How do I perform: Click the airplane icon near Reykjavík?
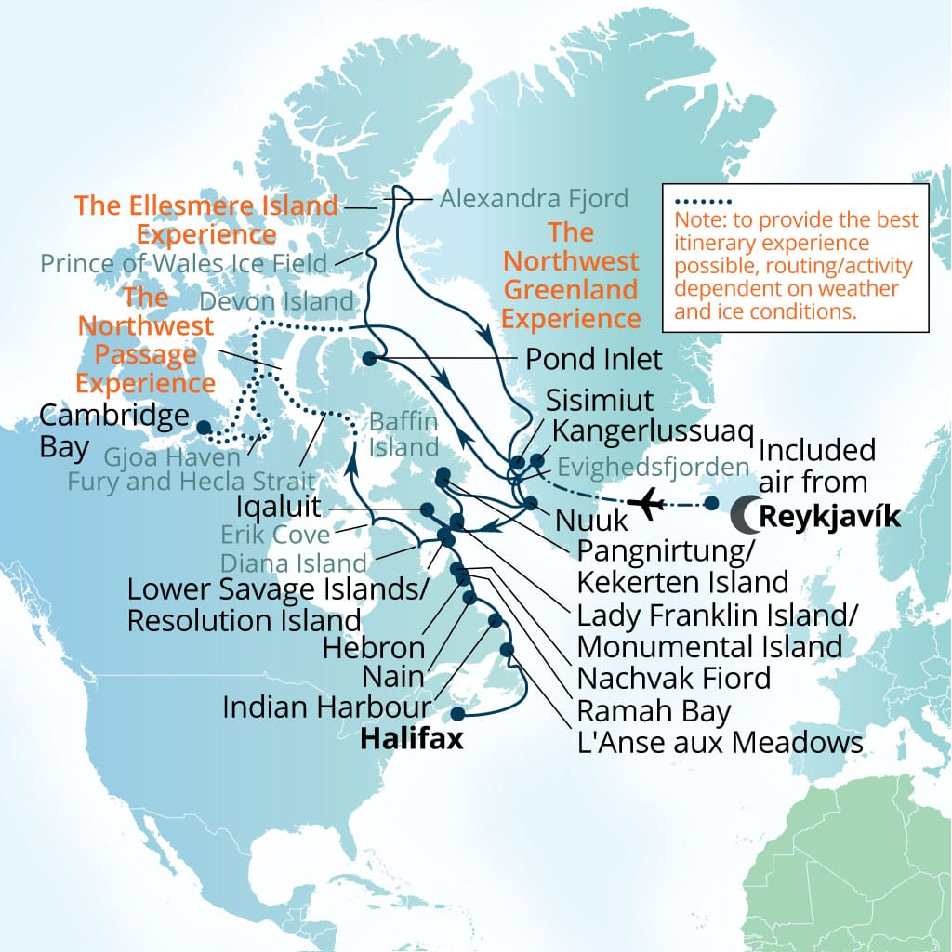[x=644, y=504]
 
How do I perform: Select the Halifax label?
[x=411, y=741]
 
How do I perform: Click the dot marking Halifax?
[x=456, y=714]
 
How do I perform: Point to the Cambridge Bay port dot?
[x=202, y=427]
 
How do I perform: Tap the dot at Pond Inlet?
[x=369, y=358]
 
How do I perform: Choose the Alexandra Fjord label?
[x=534, y=197]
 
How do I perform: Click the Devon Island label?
[x=277, y=301]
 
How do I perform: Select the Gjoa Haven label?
[x=170, y=456]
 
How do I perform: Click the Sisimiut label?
[x=600, y=401]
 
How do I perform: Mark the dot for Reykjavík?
[x=711, y=504]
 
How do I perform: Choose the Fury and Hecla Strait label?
[x=190, y=482]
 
